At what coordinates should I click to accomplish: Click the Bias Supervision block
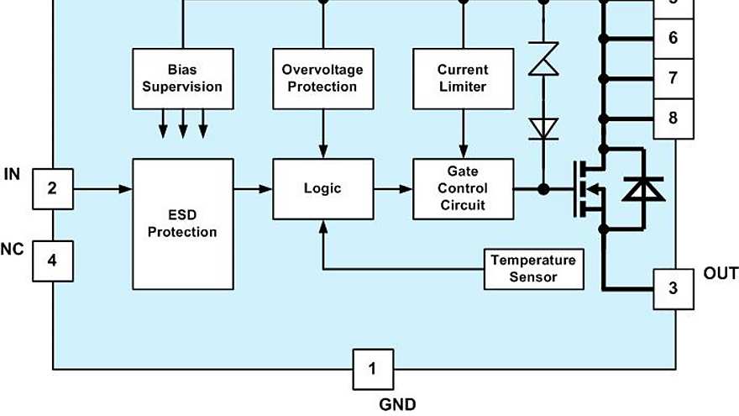pyautogui.click(x=182, y=78)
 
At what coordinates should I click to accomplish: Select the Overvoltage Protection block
pyautogui.click(x=322, y=78)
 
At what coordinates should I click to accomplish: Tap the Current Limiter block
pyautogui.click(x=463, y=78)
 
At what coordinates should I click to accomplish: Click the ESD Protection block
pyautogui.click(x=182, y=224)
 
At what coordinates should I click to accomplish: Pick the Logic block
pyautogui.click(x=322, y=189)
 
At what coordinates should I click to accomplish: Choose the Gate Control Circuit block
pyautogui.click(x=463, y=189)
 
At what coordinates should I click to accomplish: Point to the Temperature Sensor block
pyautogui.click(x=533, y=268)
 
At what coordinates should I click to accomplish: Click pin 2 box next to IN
pyautogui.click(x=52, y=189)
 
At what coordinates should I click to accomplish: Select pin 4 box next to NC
pyautogui.click(x=52, y=261)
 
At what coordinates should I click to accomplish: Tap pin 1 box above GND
pyautogui.click(x=373, y=368)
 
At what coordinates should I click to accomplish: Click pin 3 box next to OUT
pyautogui.click(x=673, y=289)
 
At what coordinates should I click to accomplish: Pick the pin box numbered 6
pyautogui.click(x=673, y=39)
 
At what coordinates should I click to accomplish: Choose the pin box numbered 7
pyautogui.click(x=673, y=78)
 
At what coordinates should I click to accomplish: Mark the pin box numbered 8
pyautogui.click(x=673, y=118)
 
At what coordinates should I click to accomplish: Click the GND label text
pyautogui.click(x=397, y=404)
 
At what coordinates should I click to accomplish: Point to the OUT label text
pyautogui.click(x=721, y=274)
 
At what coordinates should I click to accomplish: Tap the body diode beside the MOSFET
pyautogui.click(x=642, y=189)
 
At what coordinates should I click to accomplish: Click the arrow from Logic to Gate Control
pyautogui.click(x=393, y=189)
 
